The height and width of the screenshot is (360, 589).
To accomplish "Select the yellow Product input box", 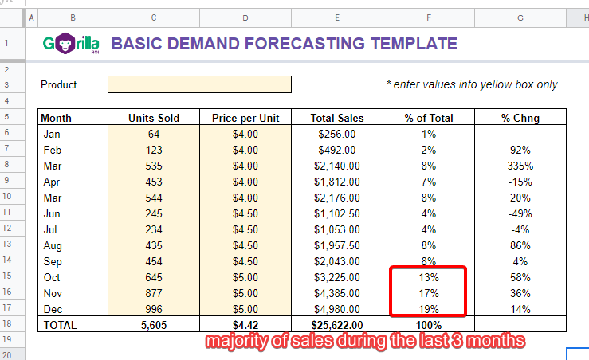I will (199, 84).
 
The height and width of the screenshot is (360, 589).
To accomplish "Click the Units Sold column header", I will (154, 118).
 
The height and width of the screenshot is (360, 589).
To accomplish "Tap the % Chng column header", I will (520, 118).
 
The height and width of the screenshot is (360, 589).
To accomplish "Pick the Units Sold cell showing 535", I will (154, 166).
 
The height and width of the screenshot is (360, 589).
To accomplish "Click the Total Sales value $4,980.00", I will (337, 309).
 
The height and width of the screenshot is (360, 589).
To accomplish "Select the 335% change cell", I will (520, 166).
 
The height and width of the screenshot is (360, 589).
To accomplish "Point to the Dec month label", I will (53, 309).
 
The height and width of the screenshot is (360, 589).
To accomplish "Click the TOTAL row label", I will (60, 325).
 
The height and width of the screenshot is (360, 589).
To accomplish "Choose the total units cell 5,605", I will (154, 325).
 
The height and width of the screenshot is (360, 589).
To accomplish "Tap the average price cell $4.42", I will (245, 325).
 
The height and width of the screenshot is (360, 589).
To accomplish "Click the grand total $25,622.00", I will (337, 325).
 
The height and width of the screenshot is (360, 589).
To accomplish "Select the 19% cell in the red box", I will (429, 309).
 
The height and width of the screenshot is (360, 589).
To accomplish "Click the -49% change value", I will (520, 213).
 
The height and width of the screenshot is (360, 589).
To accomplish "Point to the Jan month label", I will (52, 134).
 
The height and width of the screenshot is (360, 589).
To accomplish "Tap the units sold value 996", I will (154, 309).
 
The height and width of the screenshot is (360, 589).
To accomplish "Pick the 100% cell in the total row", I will (429, 325).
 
